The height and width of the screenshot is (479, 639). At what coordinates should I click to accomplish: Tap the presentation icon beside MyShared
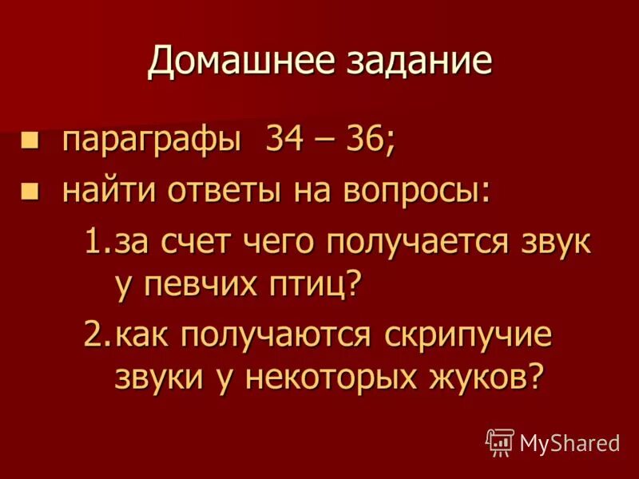coord(499,441)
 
